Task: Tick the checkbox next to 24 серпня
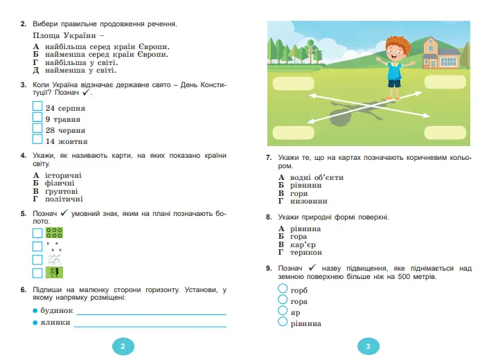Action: point(37,107)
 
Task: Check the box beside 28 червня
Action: point(37,129)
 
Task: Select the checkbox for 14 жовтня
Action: point(37,141)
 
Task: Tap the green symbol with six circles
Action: point(54,233)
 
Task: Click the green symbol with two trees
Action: point(54,273)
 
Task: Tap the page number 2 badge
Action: point(123,346)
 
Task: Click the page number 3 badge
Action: point(368,346)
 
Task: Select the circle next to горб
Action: point(282,289)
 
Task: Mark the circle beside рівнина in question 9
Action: point(282,322)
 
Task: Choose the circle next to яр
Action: point(282,311)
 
